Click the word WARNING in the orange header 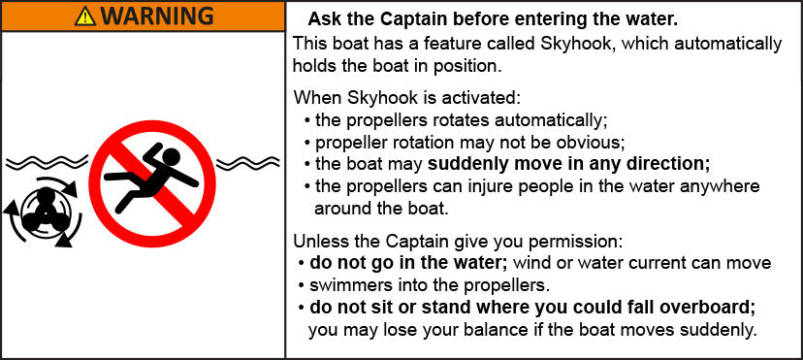tap(156, 16)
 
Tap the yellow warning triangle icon tap(85, 16)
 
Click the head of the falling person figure tap(172, 156)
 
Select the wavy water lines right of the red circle tap(248, 164)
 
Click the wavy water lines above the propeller tap(47, 163)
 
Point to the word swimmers tap(341, 284)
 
